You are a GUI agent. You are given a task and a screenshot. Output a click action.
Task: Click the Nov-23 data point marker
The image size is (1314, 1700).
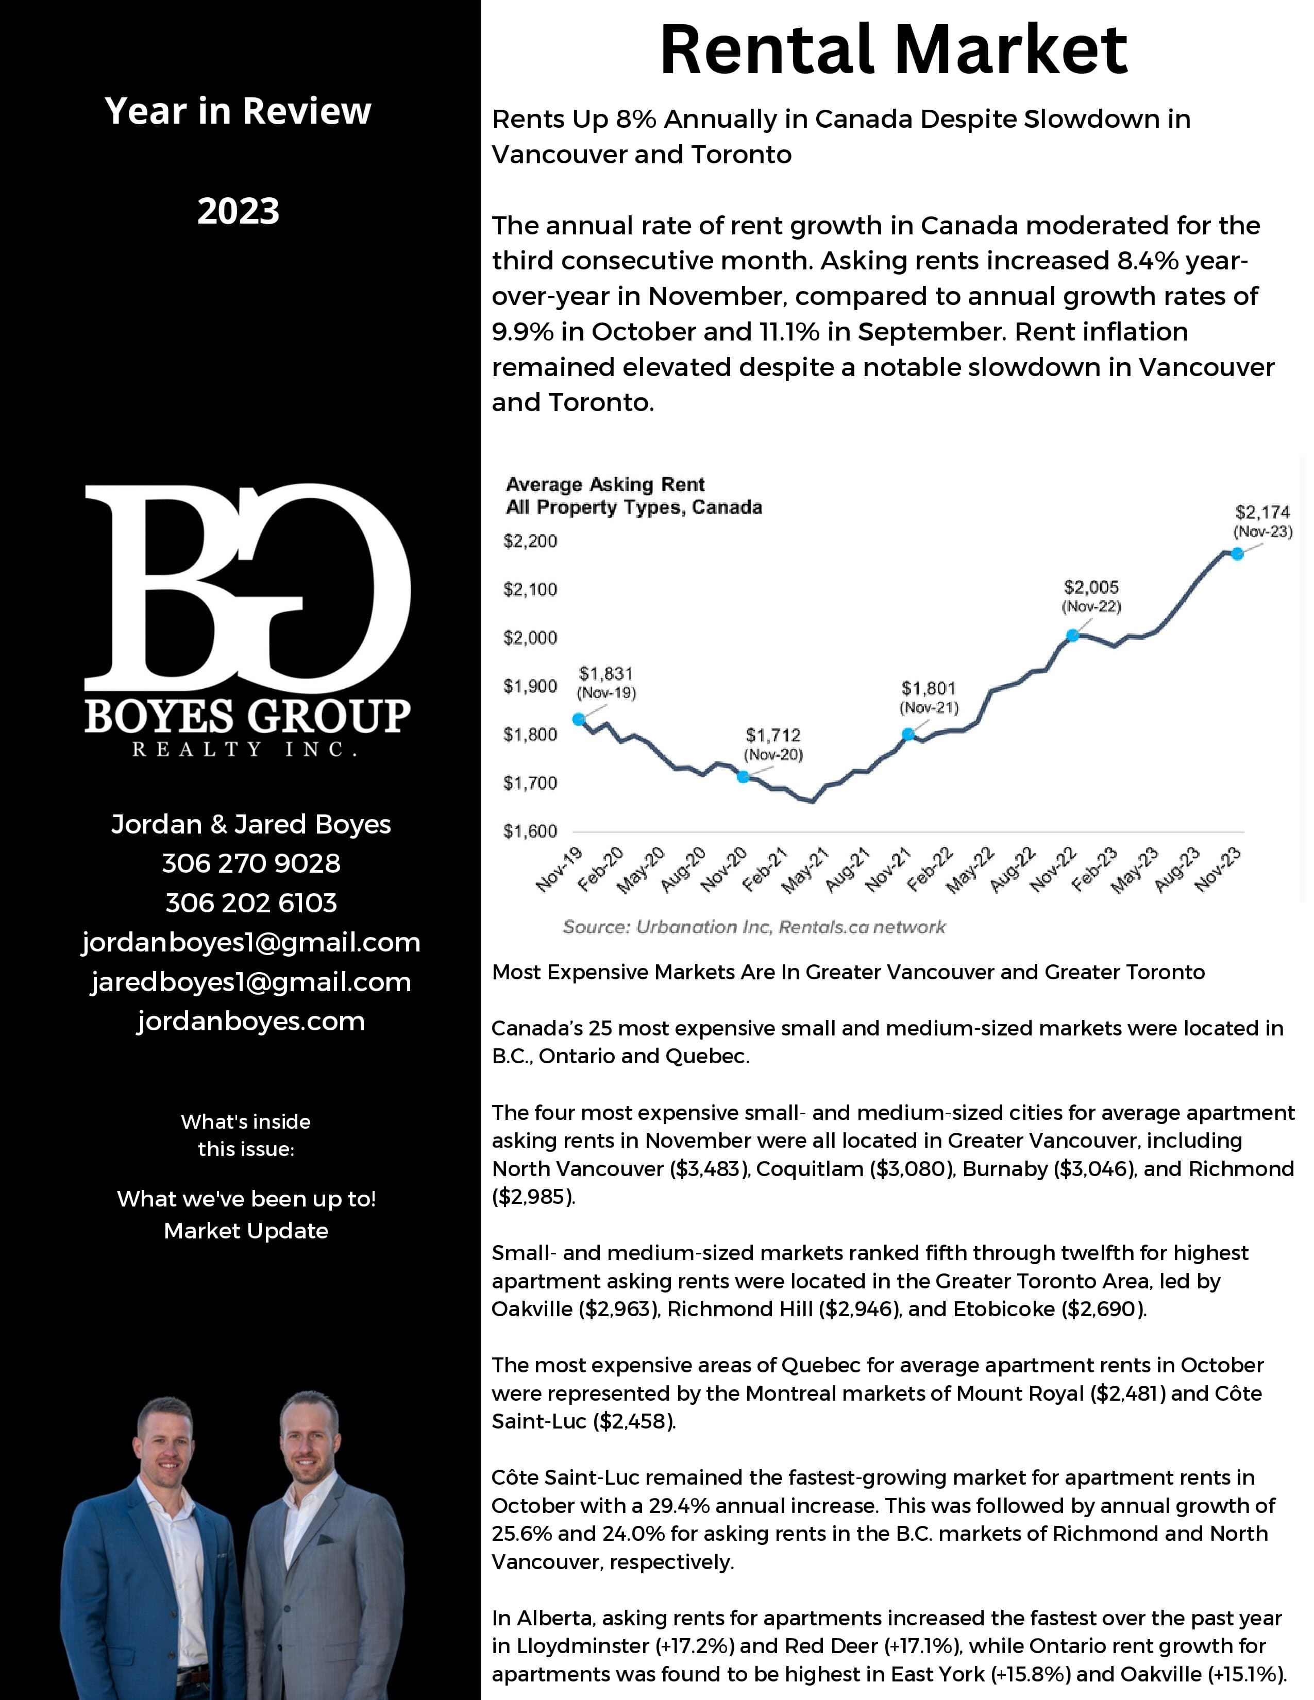click(x=1236, y=553)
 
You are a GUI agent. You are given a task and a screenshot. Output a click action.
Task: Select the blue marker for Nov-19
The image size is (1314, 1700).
click(x=578, y=719)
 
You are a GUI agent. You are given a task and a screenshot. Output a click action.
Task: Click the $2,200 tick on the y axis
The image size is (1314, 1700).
click(x=530, y=541)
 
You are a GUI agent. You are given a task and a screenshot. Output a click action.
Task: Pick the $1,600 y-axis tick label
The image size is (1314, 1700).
click(x=530, y=831)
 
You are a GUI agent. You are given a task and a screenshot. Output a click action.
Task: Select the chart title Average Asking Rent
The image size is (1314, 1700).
click(x=605, y=484)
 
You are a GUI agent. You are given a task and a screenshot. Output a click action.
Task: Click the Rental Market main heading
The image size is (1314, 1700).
click(x=894, y=50)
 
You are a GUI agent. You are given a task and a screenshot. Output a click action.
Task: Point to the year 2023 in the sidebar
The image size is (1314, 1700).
click(x=238, y=211)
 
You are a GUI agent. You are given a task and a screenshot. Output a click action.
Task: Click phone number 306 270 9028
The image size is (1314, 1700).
click(x=250, y=863)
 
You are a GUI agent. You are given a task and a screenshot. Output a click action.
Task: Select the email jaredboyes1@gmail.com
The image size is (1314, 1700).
click(x=250, y=982)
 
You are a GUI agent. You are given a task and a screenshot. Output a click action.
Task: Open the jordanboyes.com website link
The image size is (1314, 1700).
click(x=250, y=1021)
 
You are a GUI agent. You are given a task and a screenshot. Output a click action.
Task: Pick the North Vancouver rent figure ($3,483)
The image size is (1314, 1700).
click(x=709, y=1169)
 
